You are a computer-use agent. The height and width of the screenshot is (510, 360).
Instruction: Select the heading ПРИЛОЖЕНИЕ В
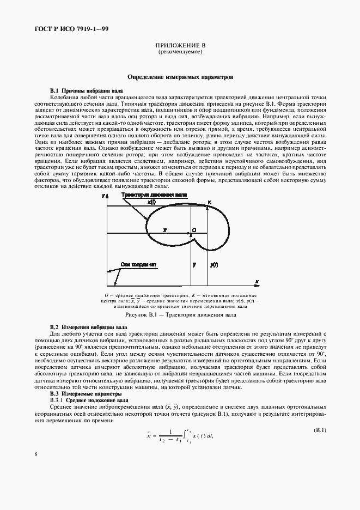coord(180,47)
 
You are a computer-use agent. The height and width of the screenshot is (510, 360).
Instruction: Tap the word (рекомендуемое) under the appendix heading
coord(180,53)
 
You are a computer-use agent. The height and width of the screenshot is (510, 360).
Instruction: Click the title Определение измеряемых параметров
coord(180,77)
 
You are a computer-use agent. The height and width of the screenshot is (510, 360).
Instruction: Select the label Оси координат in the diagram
coord(139,264)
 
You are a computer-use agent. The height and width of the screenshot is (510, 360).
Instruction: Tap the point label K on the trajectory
coord(210,202)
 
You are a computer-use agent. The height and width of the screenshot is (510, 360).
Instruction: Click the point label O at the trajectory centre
coord(194,230)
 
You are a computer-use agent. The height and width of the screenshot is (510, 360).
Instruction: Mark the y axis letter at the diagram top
coord(103,195)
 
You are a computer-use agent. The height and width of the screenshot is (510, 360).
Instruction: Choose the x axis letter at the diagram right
coord(256,281)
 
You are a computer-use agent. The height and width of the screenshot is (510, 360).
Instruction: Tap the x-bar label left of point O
coord(164,230)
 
